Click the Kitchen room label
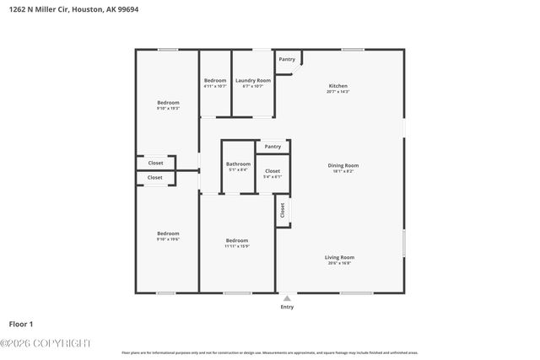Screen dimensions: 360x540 (337, 86)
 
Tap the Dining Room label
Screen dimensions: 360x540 (343, 165)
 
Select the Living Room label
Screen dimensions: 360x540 (339, 257)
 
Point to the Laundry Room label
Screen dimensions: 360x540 (252, 80)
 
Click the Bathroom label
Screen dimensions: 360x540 (238, 164)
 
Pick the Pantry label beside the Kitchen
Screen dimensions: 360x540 (287, 59)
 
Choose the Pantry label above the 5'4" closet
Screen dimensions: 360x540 (273, 147)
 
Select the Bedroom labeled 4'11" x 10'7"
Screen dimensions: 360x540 (215, 80)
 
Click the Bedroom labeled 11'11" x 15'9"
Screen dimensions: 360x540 (237, 240)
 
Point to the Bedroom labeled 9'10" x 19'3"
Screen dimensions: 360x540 (168, 102)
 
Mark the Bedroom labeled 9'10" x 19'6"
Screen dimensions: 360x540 (168, 233)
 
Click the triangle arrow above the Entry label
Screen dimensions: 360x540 (288, 298)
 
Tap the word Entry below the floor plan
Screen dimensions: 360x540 (288, 307)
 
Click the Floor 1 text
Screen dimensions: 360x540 (21, 324)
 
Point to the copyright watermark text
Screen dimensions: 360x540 (46, 342)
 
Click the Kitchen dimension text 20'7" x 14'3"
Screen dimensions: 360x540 (337, 92)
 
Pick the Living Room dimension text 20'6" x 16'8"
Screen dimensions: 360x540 (339, 263)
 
